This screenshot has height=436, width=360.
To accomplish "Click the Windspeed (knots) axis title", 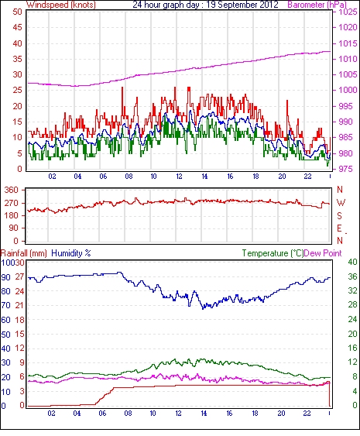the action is tap(60, 5).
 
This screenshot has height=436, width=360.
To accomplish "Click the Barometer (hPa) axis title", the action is tap(317, 5).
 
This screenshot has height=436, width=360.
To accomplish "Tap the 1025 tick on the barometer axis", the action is tap(348, 12).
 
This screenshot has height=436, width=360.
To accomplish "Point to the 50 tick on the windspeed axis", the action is tap(17, 12).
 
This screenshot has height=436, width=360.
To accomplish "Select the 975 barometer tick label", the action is tap(346, 169).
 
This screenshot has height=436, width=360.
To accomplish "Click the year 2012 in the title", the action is tap(269, 5).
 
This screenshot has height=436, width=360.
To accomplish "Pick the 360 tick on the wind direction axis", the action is tap(12, 191).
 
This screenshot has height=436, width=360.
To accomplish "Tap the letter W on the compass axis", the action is tap(341, 203).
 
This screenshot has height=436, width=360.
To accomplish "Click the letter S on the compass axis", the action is tap(339, 215).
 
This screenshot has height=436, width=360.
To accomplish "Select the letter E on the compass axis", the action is tap(339, 228).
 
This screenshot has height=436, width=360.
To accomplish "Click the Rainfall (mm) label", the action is tap(24, 253).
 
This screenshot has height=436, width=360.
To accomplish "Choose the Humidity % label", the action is tap(71, 253).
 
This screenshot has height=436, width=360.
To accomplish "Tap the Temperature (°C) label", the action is tap(273, 253).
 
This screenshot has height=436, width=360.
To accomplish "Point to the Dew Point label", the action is tap(323, 253).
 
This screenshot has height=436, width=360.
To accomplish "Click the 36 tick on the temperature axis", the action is tap(352, 276).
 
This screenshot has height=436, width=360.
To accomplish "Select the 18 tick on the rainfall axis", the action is tap(19, 320).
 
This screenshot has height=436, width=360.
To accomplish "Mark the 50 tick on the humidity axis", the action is tap(6, 335).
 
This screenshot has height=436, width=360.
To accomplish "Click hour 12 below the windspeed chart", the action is tap(179, 177).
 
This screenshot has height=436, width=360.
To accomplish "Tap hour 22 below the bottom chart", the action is tap(307, 414).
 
